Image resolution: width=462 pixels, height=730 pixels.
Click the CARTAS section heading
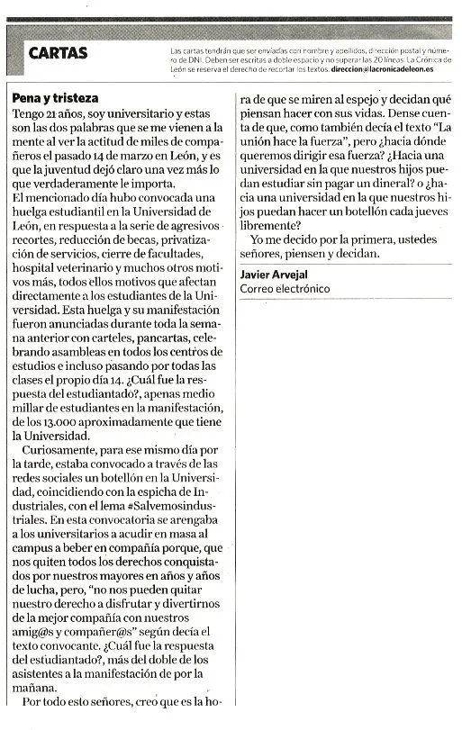tap(59, 53)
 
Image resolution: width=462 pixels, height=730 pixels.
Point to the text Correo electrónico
tap(285, 288)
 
